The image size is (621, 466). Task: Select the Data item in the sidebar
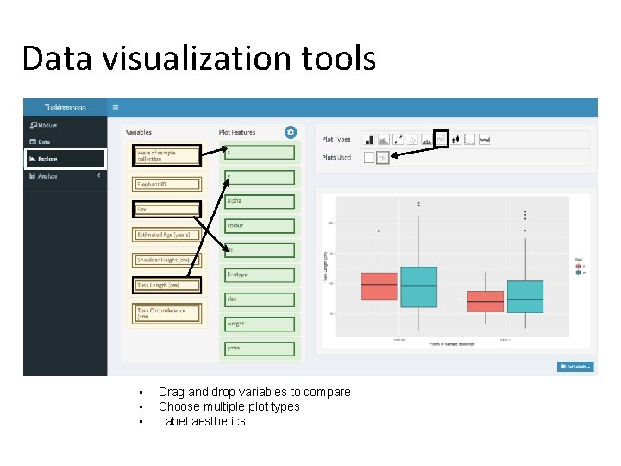point(44,142)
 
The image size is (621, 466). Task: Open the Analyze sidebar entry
point(47,176)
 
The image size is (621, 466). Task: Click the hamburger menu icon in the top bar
point(116,108)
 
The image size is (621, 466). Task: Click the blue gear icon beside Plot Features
point(291,132)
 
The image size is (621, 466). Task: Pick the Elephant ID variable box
point(167,184)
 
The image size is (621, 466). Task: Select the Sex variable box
point(167,209)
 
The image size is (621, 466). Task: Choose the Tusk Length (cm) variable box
point(167,285)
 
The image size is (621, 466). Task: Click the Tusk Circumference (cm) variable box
point(167,313)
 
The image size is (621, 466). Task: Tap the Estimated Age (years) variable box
point(167,235)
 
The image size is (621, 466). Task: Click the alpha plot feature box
point(260,201)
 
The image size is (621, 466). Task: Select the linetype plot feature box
point(260,275)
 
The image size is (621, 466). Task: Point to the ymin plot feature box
point(260,349)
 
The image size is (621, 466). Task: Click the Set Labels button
point(575,367)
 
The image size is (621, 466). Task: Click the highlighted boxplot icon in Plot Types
point(441,139)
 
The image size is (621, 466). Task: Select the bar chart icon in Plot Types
point(369,139)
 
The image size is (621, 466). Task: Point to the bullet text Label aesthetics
point(202,421)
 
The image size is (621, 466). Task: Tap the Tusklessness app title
point(66,108)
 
